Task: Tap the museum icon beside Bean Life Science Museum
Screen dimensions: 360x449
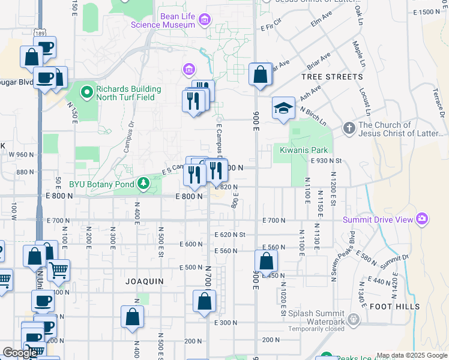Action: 205,20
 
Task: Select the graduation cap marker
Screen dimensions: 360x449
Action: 283,109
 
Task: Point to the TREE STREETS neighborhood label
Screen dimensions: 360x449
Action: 332,77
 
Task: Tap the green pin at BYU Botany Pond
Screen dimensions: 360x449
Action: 143,183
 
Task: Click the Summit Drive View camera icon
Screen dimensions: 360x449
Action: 422,219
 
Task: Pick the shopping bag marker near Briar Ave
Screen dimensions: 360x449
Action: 261,76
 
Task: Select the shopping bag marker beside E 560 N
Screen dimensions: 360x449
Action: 266,262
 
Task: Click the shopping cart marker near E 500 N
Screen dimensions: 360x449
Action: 58,271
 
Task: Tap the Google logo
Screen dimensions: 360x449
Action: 20,353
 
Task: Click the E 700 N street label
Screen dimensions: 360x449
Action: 274,221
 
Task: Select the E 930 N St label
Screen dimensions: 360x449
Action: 326,161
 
